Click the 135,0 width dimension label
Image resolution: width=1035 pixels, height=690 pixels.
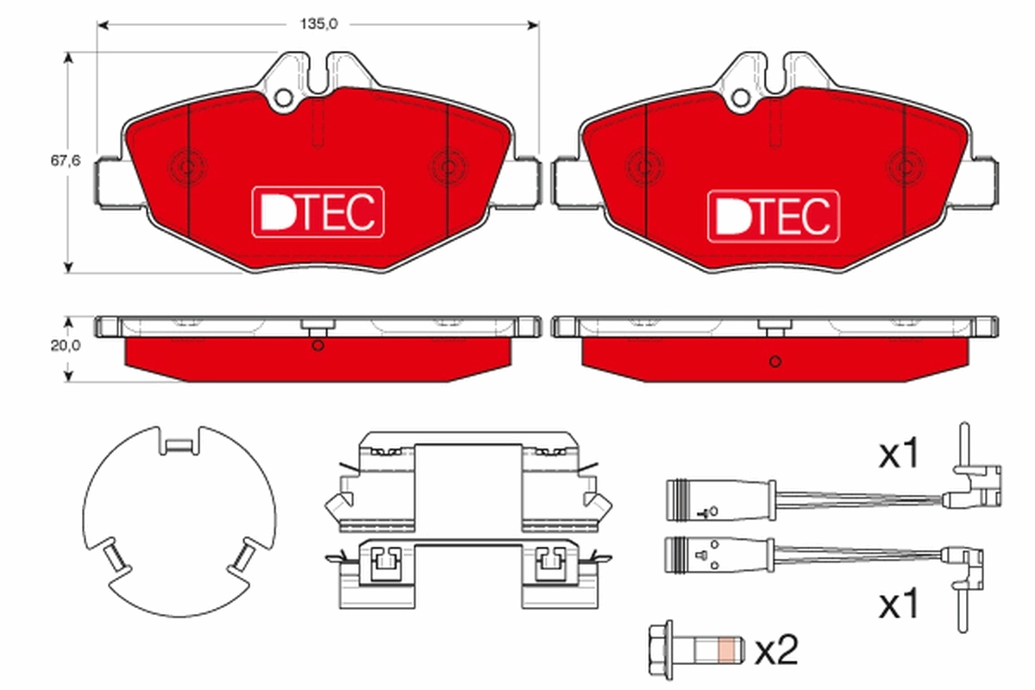pyautogui.click(x=317, y=25)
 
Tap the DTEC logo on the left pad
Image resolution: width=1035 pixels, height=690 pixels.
pyautogui.click(x=317, y=213)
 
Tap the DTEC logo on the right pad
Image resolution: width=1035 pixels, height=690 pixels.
pyautogui.click(x=773, y=215)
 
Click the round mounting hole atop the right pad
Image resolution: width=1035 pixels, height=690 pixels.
pyautogui.click(x=739, y=97)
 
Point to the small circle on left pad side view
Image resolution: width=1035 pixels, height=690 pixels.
pyautogui.click(x=317, y=347)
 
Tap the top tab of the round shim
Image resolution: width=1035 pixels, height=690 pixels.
pyautogui.click(x=179, y=445)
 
